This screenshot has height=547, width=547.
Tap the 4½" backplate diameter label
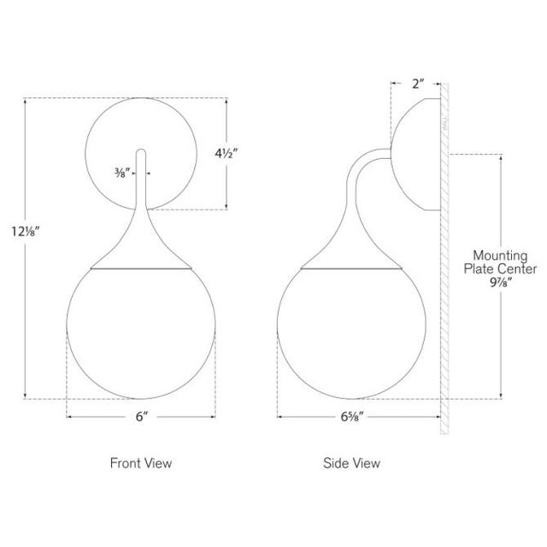[226, 153]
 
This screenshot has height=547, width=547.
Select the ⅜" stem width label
[122, 173]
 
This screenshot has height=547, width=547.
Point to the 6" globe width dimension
[142, 416]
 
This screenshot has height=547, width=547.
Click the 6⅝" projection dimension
[352, 416]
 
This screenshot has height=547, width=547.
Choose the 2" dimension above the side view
[418, 84]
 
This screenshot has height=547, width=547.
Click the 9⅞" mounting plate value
[501, 282]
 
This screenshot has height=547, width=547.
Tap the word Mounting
[500, 256]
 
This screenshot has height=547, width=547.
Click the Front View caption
[141, 463]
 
